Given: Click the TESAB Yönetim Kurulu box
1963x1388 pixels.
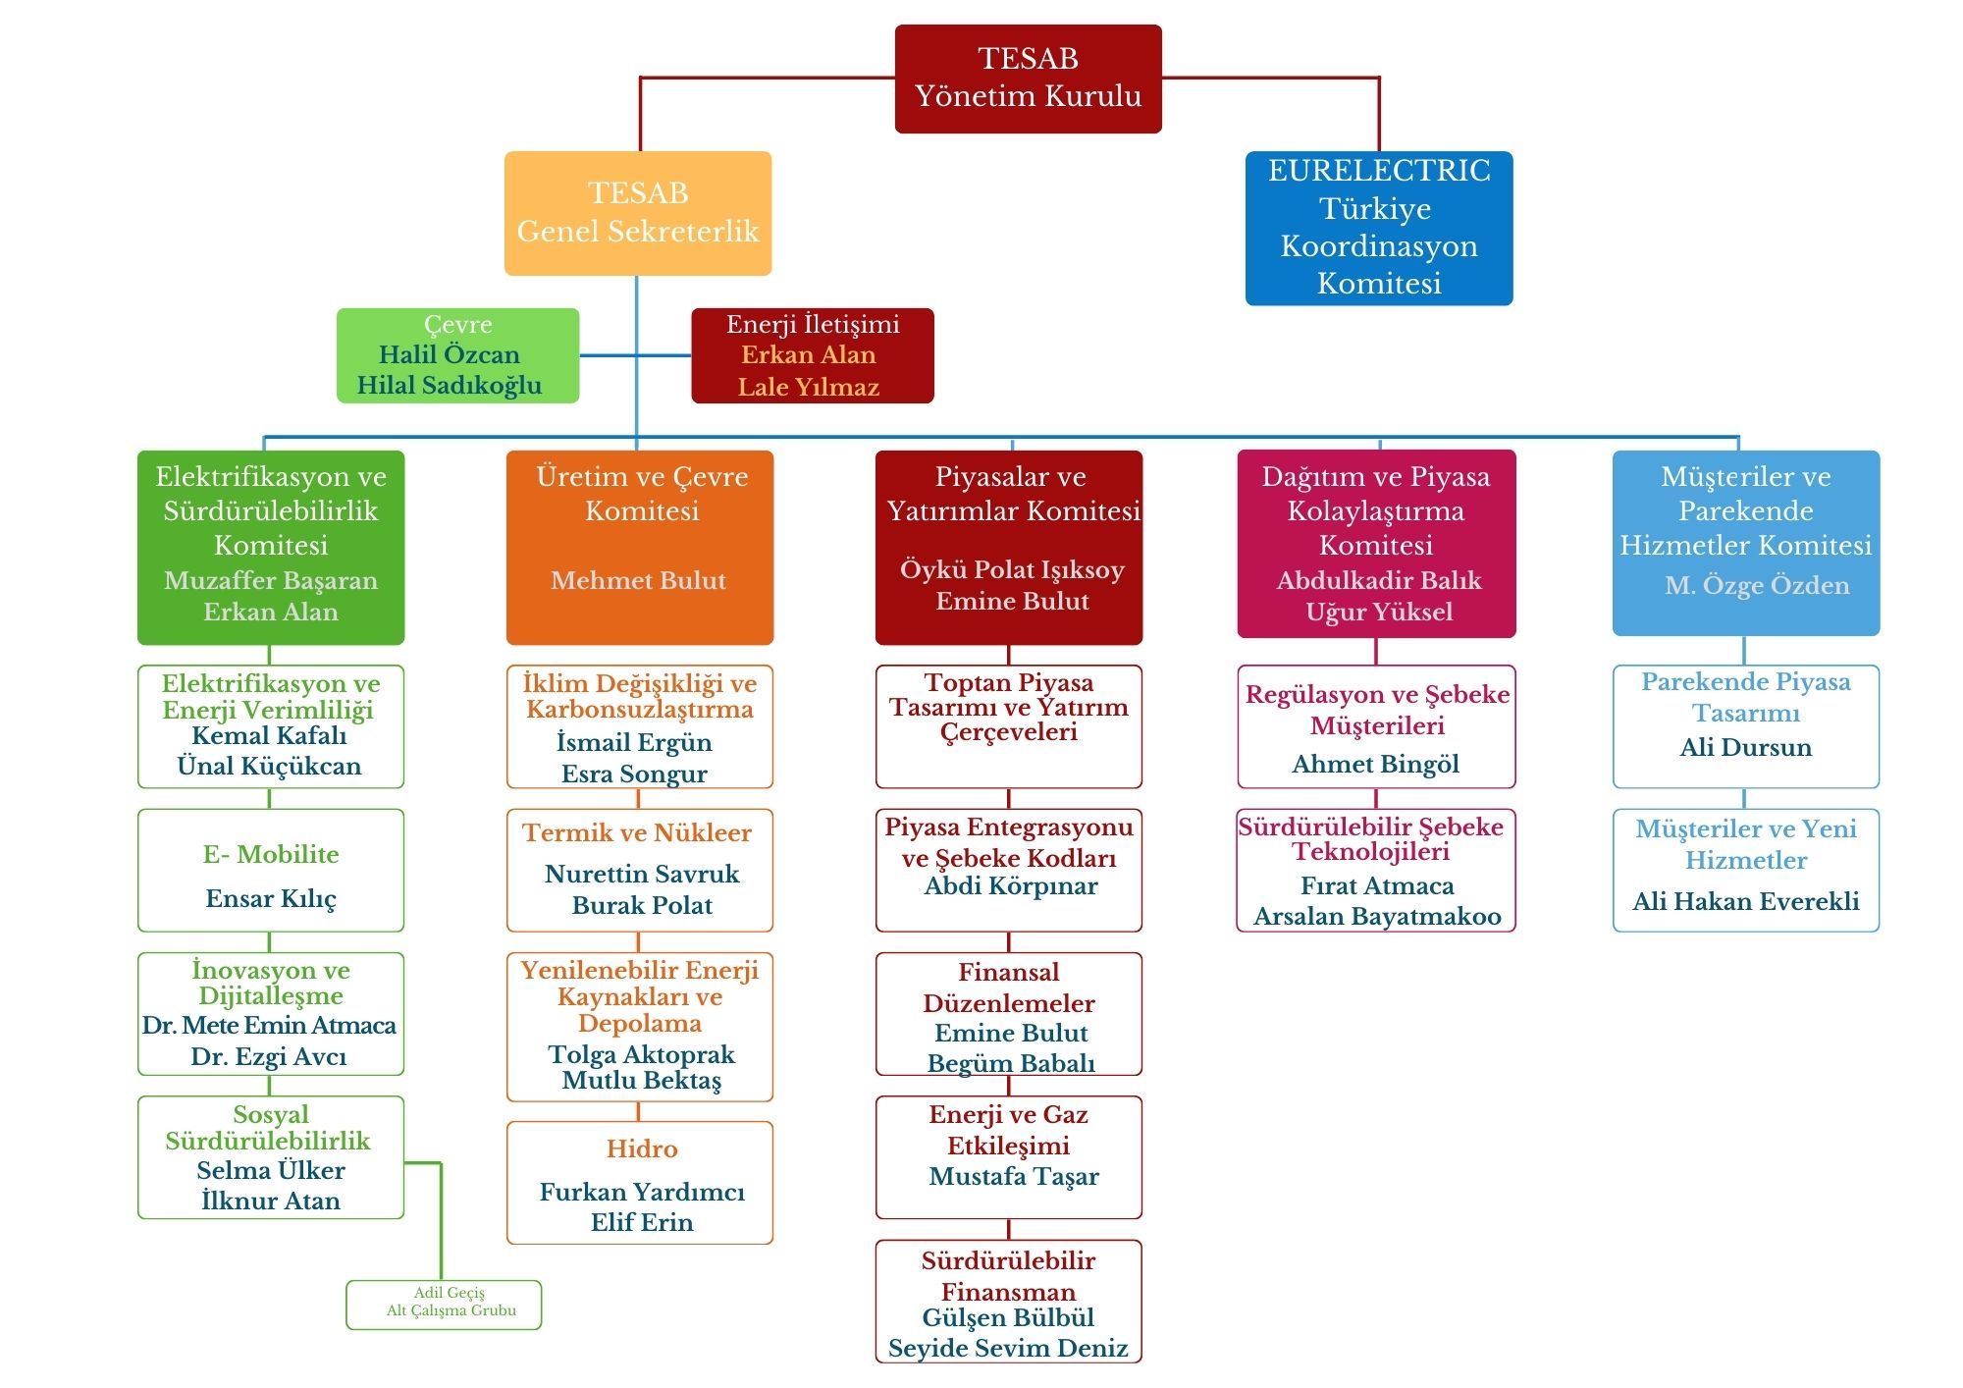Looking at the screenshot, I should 1028,79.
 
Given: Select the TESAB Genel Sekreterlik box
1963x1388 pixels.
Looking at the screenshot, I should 638,213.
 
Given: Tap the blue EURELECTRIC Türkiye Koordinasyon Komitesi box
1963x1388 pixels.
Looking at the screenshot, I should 1378,228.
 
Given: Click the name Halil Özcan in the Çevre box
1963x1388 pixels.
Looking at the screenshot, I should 450,354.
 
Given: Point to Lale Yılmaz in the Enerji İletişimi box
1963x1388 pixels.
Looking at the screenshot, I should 808,387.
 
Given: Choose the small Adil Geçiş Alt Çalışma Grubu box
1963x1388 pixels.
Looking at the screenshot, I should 444,1304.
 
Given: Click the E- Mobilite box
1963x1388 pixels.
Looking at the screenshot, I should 271,871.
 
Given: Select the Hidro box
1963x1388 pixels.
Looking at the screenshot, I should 640,1183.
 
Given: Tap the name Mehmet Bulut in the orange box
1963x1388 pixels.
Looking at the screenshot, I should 639,580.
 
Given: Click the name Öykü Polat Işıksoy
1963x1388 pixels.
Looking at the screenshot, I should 1012,569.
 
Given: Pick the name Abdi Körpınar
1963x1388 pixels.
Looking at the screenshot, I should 1011,886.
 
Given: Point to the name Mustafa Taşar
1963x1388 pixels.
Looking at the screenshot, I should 1014,1176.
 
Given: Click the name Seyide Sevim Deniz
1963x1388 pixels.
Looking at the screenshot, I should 1008,1348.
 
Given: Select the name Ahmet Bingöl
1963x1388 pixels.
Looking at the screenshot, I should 1375,764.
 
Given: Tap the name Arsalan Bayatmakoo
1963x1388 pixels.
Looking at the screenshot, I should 1377,916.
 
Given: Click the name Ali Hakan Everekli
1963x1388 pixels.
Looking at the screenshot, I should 1745,901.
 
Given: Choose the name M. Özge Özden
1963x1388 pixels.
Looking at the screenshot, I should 1756,585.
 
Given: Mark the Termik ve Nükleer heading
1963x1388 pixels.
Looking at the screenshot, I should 637,832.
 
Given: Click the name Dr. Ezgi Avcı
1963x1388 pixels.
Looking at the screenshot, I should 269,1056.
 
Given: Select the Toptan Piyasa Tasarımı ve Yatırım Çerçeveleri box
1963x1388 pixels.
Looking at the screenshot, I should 1009,726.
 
